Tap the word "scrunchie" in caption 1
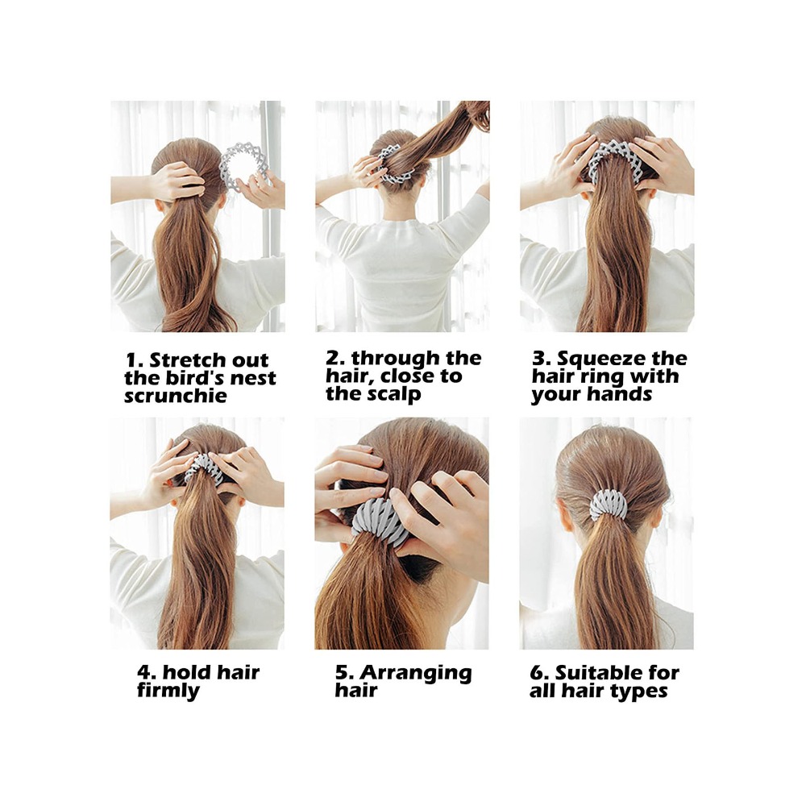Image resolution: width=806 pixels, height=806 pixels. (175, 396)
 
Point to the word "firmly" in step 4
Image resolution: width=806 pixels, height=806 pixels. (168, 691)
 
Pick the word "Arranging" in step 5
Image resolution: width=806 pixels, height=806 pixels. (416, 673)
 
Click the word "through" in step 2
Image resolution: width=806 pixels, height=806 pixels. (391, 359)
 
